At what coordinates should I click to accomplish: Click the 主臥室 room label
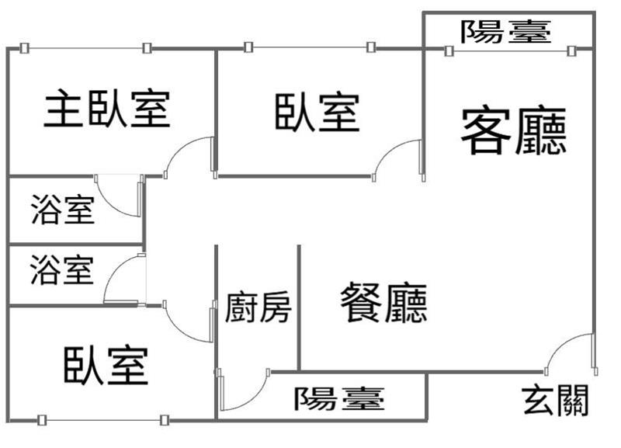point(107,109)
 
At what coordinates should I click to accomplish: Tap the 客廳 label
point(514,130)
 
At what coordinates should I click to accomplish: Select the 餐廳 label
point(383,302)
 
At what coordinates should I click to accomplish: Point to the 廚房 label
point(258,307)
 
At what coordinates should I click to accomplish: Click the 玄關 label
point(555,400)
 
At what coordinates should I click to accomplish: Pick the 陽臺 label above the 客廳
point(506,31)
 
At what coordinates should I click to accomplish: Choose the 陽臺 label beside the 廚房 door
point(339,398)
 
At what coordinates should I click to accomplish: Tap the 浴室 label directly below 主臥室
point(63,210)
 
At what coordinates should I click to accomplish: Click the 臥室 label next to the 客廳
point(317,113)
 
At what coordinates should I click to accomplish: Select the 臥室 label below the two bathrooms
point(106,365)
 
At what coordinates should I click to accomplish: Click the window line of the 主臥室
point(85,48)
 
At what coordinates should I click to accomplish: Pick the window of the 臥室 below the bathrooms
point(103,420)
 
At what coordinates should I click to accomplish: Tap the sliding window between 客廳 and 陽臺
point(510,51)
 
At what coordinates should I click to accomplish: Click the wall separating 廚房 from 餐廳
point(299,307)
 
